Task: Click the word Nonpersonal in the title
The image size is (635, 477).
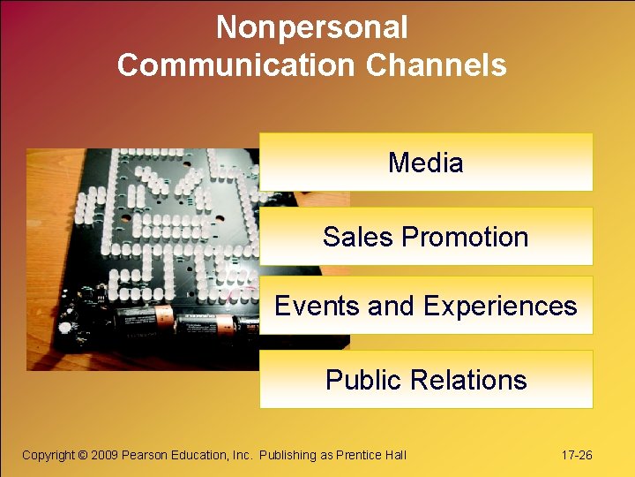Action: [x=311, y=27]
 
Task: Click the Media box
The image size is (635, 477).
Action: [x=426, y=163]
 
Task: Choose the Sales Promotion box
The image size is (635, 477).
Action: [x=426, y=237]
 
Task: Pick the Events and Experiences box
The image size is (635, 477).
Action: [x=426, y=306]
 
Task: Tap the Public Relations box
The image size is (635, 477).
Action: [x=426, y=380]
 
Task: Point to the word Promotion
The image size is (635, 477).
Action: [x=465, y=237]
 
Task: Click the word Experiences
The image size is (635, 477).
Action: [x=500, y=306]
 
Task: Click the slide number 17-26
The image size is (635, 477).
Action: [x=577, y=455]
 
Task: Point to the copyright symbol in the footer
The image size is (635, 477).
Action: [x=83, y=455]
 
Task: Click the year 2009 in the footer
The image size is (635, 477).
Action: [x=105, y=455]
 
